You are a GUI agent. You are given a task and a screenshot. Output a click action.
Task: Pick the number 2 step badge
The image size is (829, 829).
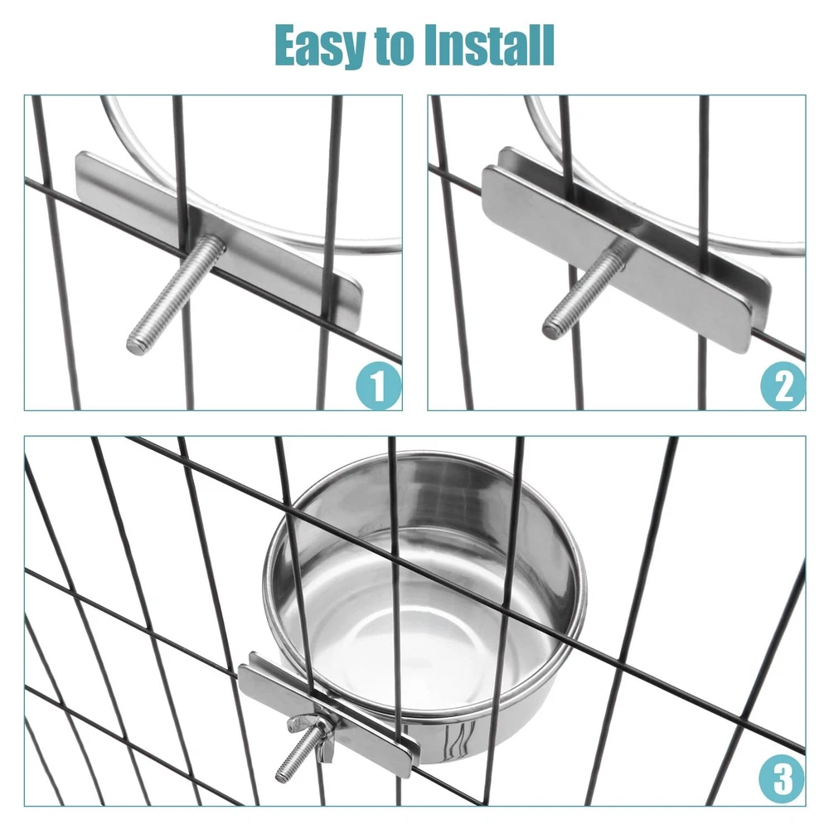783,386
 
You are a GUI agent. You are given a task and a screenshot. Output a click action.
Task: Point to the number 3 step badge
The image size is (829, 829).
782,779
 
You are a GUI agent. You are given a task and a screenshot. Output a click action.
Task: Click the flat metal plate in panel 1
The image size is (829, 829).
220,241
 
